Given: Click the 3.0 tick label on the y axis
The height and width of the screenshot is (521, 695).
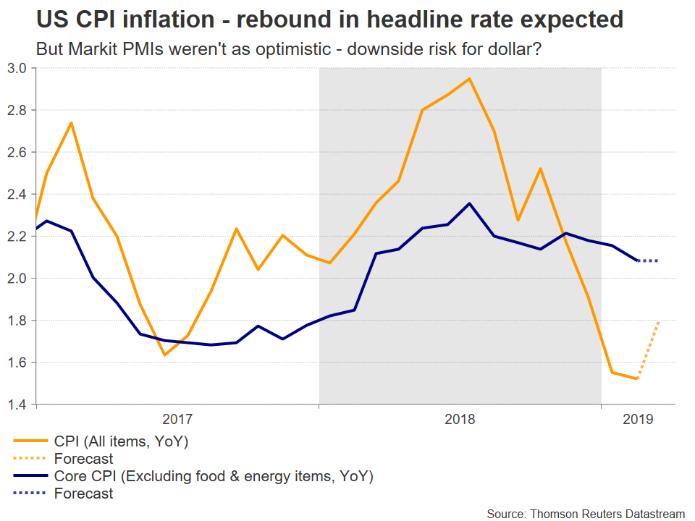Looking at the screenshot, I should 17,68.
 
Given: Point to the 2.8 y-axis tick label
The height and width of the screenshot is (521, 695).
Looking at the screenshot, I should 17,110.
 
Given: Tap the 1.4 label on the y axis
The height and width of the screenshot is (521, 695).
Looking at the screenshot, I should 17,404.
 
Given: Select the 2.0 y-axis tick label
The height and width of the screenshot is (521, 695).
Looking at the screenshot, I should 17,278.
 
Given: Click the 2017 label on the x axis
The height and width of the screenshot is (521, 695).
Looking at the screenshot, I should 177,419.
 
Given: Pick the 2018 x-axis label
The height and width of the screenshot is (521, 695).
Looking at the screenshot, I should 460,419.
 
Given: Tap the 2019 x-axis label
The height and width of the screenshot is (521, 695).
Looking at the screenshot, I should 638,419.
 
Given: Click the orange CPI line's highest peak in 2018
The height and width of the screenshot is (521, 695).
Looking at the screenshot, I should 469,79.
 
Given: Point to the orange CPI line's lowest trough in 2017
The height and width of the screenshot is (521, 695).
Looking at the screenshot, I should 165,355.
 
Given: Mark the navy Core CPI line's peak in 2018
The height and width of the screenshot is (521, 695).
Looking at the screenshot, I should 469,203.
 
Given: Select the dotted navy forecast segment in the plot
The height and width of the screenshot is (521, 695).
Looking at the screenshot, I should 648,260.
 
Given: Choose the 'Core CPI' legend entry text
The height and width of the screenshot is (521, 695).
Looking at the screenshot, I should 213,476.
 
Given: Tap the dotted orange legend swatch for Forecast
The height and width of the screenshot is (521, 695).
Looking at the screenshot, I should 30,459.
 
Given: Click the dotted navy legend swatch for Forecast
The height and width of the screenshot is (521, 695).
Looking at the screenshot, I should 30,494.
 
